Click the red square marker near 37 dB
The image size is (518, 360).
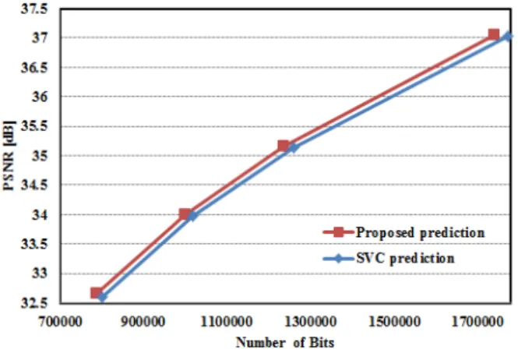tap(494, 34)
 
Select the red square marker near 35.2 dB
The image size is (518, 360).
tap(283, 146)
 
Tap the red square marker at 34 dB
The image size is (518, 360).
tap(185, 214)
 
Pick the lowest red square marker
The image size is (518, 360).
tap(97, 292)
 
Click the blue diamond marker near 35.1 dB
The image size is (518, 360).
tap(293, 147)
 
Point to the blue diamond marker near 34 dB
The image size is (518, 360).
tap(192, 216)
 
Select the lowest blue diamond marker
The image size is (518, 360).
tap(102, 297)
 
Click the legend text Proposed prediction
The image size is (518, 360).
tap(420, 233)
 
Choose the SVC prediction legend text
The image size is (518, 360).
tap(405, 258)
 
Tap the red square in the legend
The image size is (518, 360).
tap(338, 232)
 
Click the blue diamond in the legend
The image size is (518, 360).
tap(338, 258)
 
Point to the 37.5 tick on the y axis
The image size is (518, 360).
tap(34, 9)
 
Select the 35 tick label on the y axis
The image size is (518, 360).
tap(40, 156)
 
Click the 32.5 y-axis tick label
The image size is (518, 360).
tap(34, 303)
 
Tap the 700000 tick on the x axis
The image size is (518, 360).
tap(60, 322)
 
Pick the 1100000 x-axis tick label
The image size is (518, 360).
tap(227, 322)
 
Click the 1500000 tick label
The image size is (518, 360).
tap(394, 322)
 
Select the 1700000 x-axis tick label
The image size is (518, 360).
tap(477, 322)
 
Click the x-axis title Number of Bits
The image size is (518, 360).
tap(285, 343)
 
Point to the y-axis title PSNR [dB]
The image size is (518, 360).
tap(9, 156)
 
